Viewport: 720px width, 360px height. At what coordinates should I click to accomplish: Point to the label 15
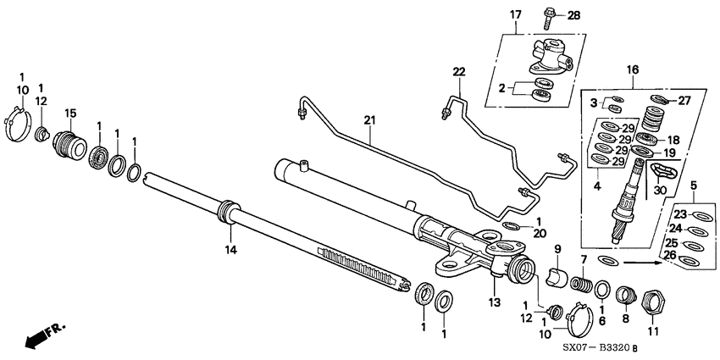[x=70, y=114]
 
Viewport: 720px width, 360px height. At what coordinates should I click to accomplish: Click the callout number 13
[x=494, y=302]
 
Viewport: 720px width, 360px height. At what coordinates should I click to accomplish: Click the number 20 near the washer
[x=517, y=234]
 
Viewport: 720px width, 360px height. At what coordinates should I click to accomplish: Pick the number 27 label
[x=684, y=100]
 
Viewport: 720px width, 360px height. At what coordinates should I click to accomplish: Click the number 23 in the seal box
[x=680, y=215]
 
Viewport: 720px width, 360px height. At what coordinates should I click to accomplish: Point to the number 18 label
[x=675, y=140]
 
